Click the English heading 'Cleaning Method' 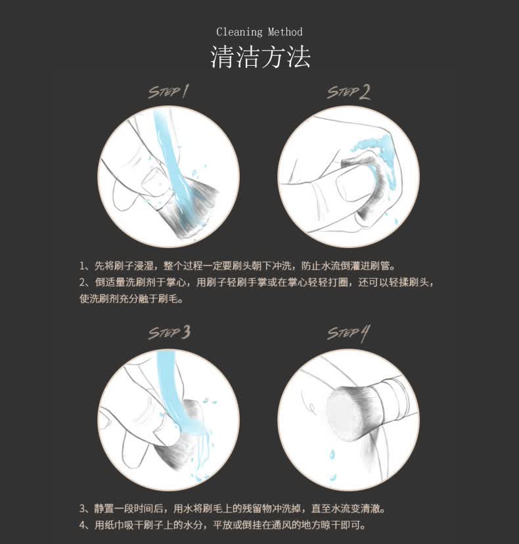click(259, 32)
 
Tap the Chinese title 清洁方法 click(260, 57)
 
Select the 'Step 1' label click(169, 91)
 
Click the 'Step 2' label click(349, 92)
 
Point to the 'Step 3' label click(169, 332)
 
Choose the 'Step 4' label click(349, 334)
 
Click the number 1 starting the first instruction click(81, 266)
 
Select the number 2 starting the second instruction click(83, 282)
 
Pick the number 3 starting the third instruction click(83, 508)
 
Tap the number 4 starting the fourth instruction click(83, 525)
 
